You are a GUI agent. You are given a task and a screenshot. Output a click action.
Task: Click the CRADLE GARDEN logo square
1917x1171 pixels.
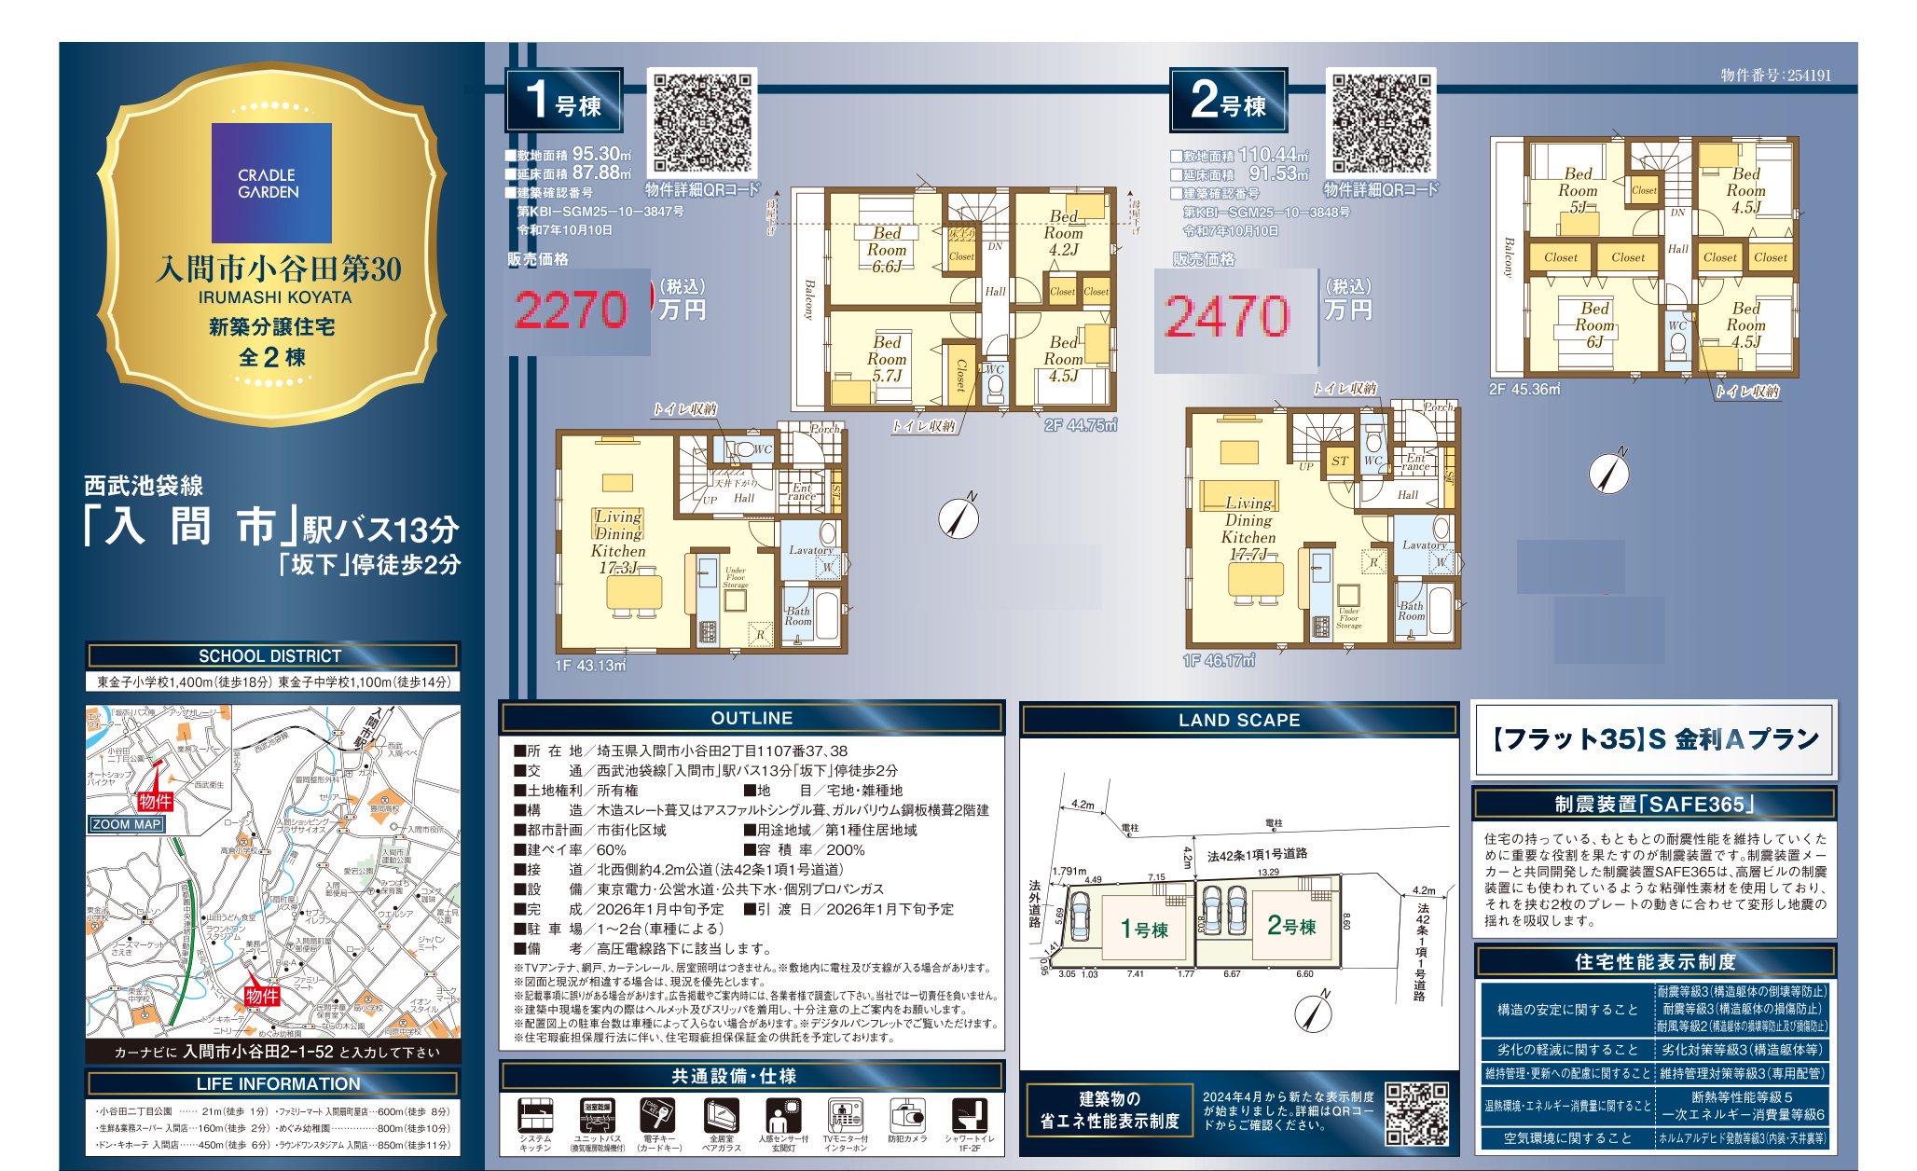click(271, 183)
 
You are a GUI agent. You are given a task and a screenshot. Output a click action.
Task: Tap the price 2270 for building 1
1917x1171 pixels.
click(571, 310)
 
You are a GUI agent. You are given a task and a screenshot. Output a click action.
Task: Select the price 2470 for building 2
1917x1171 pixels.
click(1227, 316)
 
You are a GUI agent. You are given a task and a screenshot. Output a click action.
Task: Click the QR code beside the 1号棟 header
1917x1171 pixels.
click(701, 123)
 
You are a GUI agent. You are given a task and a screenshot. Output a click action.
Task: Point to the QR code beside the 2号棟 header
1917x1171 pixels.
click(1381, 123)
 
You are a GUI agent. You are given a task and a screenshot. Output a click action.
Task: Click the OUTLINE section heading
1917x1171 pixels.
click(752, 718)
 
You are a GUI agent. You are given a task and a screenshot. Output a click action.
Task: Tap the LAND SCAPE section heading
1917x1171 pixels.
click(1238, 720)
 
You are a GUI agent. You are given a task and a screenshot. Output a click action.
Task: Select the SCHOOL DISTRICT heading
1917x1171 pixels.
click(270, 655)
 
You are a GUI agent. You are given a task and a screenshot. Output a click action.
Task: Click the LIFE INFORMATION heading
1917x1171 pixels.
click(278, 1083)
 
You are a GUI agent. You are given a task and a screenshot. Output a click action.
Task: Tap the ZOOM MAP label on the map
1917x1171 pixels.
click(127, 824)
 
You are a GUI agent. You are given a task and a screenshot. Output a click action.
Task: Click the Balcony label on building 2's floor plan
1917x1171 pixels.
click(1509, 257)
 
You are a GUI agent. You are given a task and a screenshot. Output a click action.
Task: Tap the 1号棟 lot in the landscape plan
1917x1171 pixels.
click(1143, 929)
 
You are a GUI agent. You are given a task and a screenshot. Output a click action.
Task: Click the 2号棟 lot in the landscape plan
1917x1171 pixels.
click(1290, 926)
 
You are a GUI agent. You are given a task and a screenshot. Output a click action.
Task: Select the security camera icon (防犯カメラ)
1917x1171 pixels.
click(906, 1119)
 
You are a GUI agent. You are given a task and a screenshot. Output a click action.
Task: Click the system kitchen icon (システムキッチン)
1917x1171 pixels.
click(535, 1119)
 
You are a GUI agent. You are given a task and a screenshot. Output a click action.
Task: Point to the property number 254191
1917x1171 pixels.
click(1775, 76)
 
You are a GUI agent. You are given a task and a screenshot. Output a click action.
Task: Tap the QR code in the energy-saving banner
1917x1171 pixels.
click(1416, 1113)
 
